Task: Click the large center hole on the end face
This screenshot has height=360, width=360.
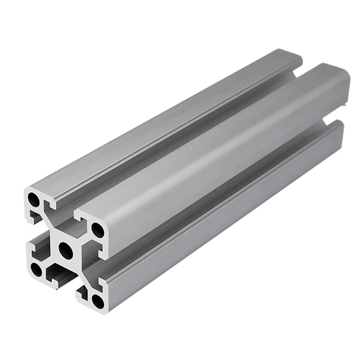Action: click(x=64, y=249)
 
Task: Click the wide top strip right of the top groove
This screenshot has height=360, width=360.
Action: click(x=216, y=154)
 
